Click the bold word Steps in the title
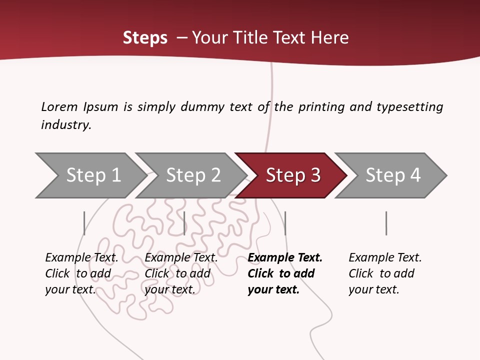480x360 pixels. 145,38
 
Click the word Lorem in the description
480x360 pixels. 59,106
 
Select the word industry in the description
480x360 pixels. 66,125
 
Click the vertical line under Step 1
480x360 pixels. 84,223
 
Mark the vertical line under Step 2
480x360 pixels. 184,223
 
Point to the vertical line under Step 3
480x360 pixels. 285,223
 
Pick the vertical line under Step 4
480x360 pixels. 386,223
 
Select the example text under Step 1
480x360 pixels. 81,273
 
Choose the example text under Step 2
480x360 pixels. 181,273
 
